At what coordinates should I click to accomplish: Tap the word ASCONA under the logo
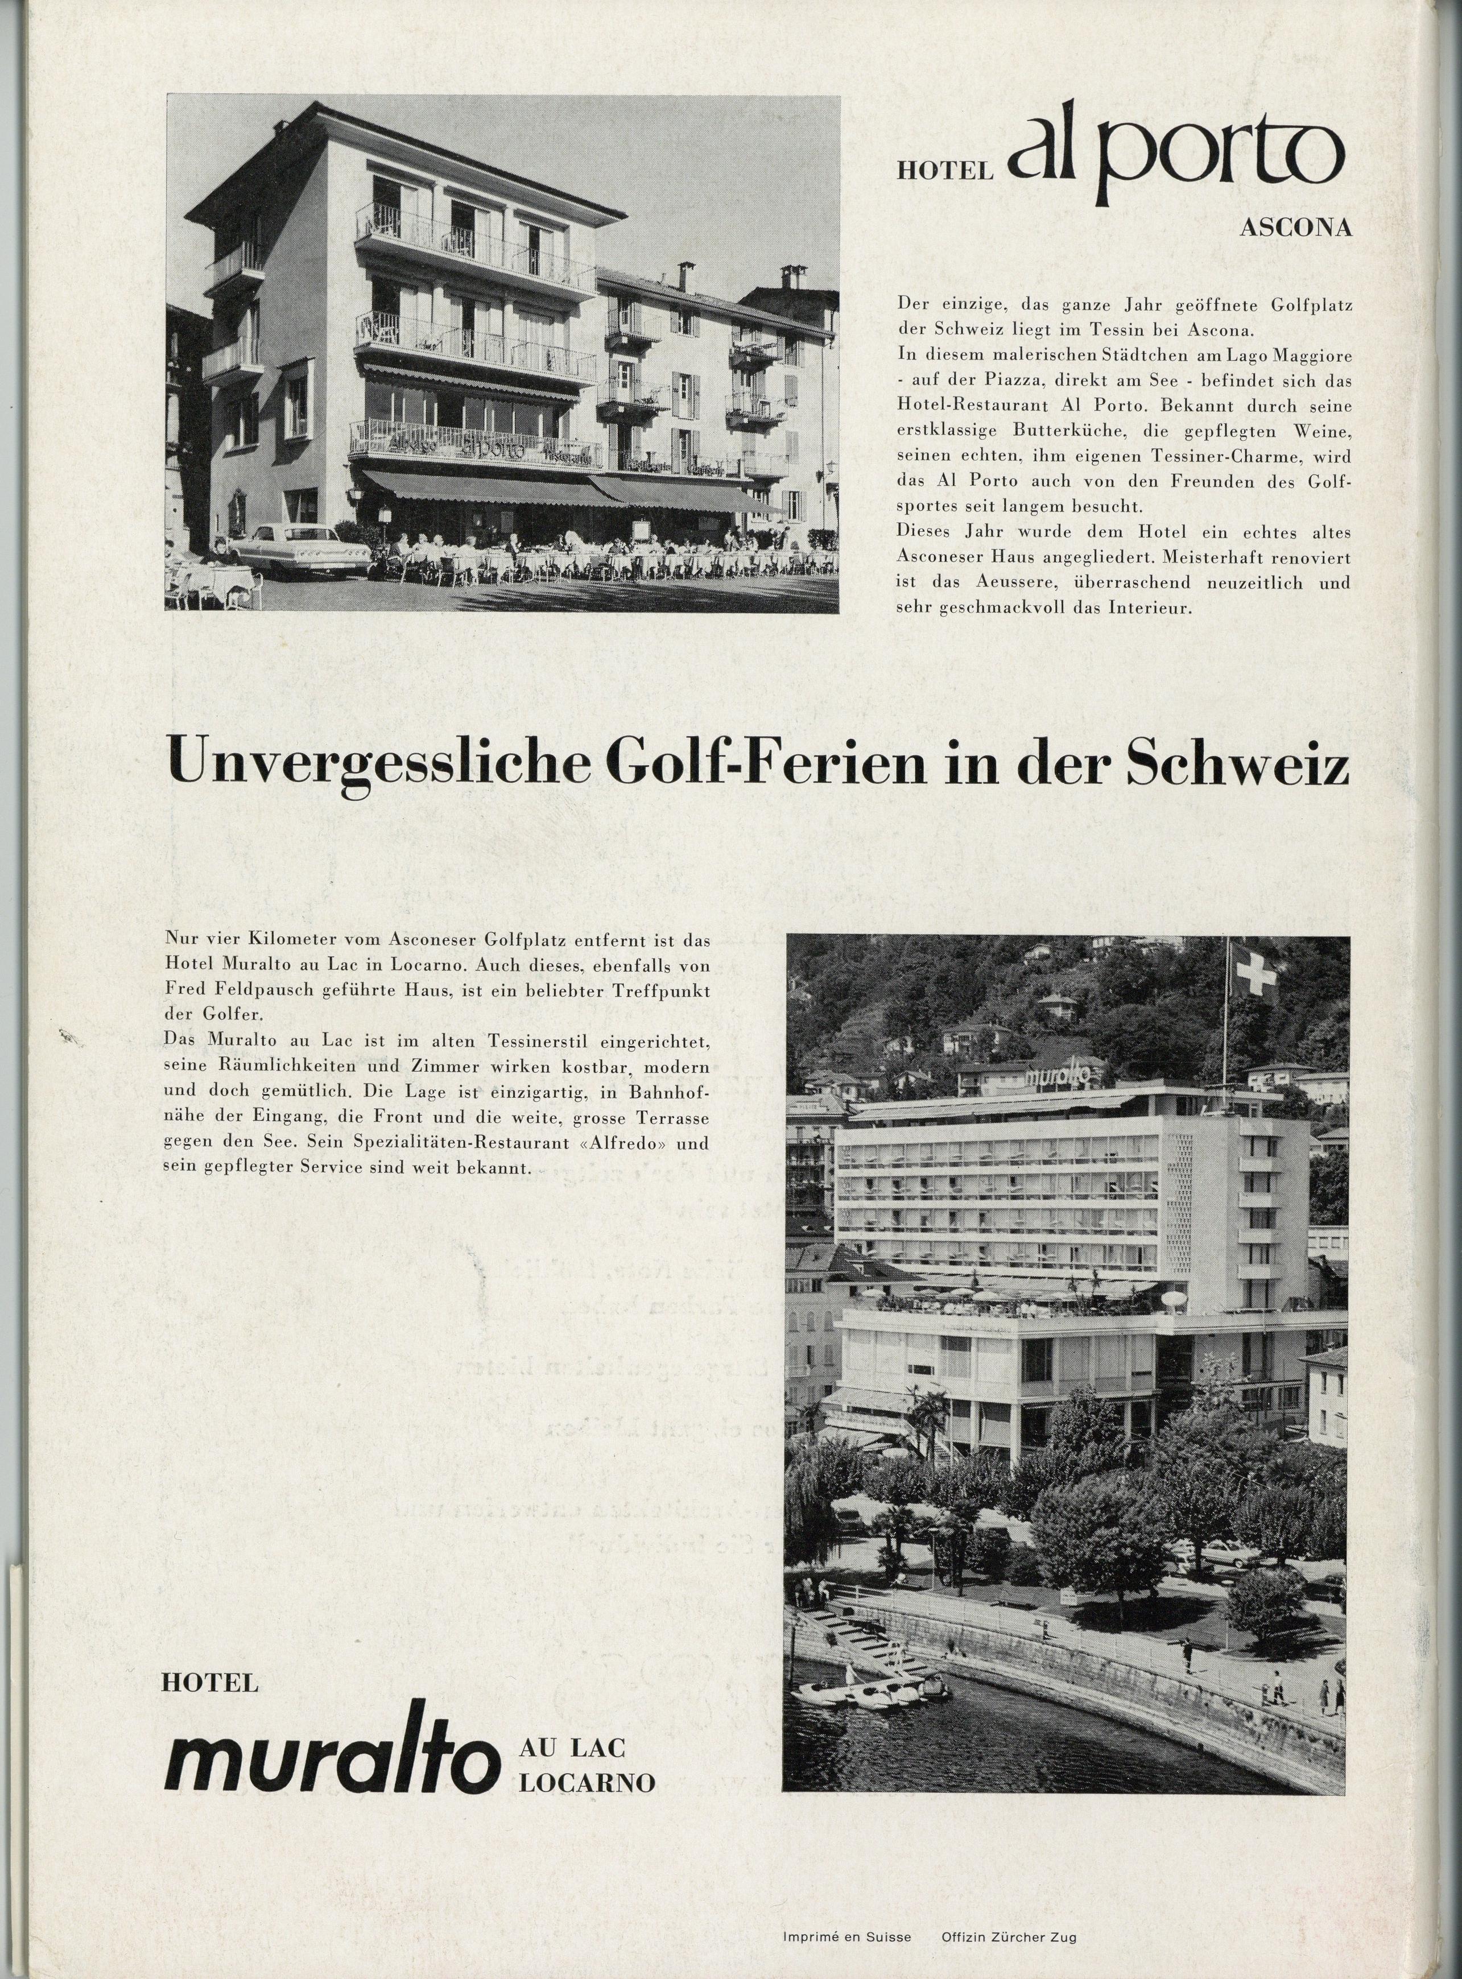(x=1296, y=228)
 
